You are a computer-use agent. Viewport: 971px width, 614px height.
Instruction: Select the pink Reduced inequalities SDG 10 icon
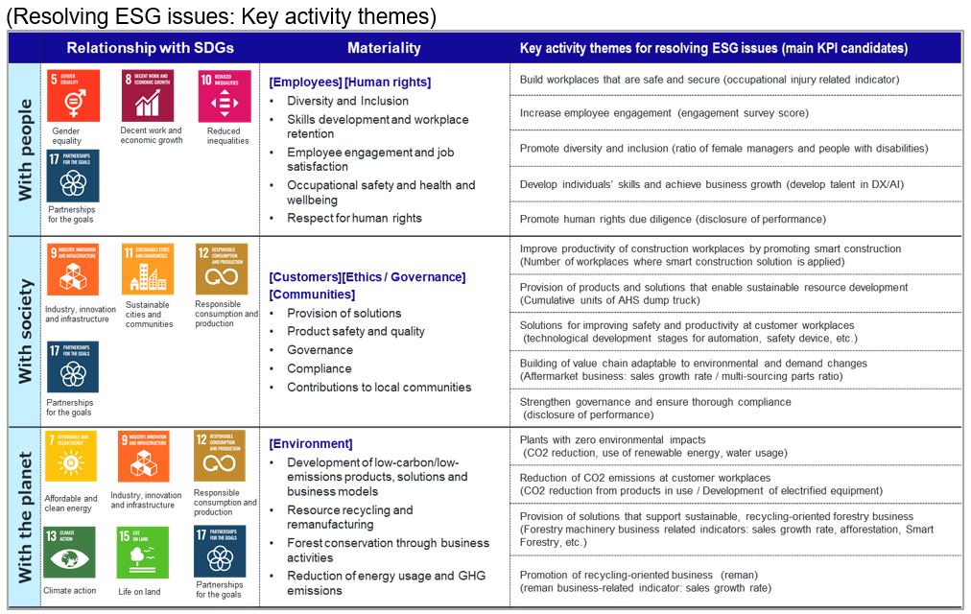pos(225,96)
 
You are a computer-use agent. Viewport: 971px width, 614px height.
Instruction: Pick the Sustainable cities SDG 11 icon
pos(148,269)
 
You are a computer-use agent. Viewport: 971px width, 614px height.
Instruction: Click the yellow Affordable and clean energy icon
pos(71,456)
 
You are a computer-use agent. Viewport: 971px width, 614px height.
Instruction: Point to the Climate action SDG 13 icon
pos(71,551)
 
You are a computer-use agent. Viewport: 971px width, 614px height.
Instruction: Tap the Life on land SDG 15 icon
pos(142,552)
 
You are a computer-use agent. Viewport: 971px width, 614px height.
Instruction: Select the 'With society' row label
pos(26,331)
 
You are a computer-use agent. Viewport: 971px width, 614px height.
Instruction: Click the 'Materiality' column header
pos(384,48)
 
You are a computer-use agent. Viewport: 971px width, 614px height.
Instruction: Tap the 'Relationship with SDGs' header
pos(150,48)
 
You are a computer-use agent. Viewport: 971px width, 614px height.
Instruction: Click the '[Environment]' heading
pos(311,443)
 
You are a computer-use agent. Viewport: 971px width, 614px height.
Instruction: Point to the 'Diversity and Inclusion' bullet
pos(347,101)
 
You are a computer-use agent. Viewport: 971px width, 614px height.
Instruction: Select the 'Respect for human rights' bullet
pos(354,218)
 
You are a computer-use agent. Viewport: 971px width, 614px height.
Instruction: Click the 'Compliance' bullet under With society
pos(320,368)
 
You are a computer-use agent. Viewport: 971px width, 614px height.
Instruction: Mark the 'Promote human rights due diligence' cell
pos(673,219)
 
